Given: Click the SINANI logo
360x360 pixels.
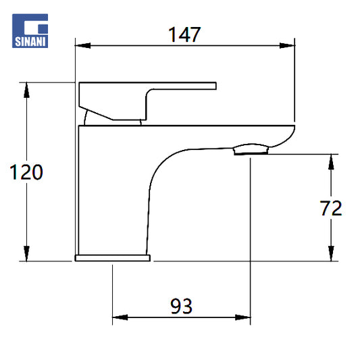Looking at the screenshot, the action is [30, 31].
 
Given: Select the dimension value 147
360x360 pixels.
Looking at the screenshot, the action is [184, 34].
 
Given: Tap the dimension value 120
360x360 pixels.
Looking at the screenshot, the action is [26, 172].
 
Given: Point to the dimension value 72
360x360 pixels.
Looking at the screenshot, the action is [331, 208].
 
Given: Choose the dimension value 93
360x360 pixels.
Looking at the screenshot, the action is [181, 306].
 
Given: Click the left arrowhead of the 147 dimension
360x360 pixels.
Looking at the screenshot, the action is [83, 45].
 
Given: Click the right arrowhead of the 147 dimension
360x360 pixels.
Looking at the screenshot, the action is [287, 45].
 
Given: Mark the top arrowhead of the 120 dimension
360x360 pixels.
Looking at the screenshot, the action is [26, 90].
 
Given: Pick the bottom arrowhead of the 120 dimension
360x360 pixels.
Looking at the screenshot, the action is [26, 253].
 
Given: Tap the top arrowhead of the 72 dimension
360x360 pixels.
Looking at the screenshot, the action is [331, 162].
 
